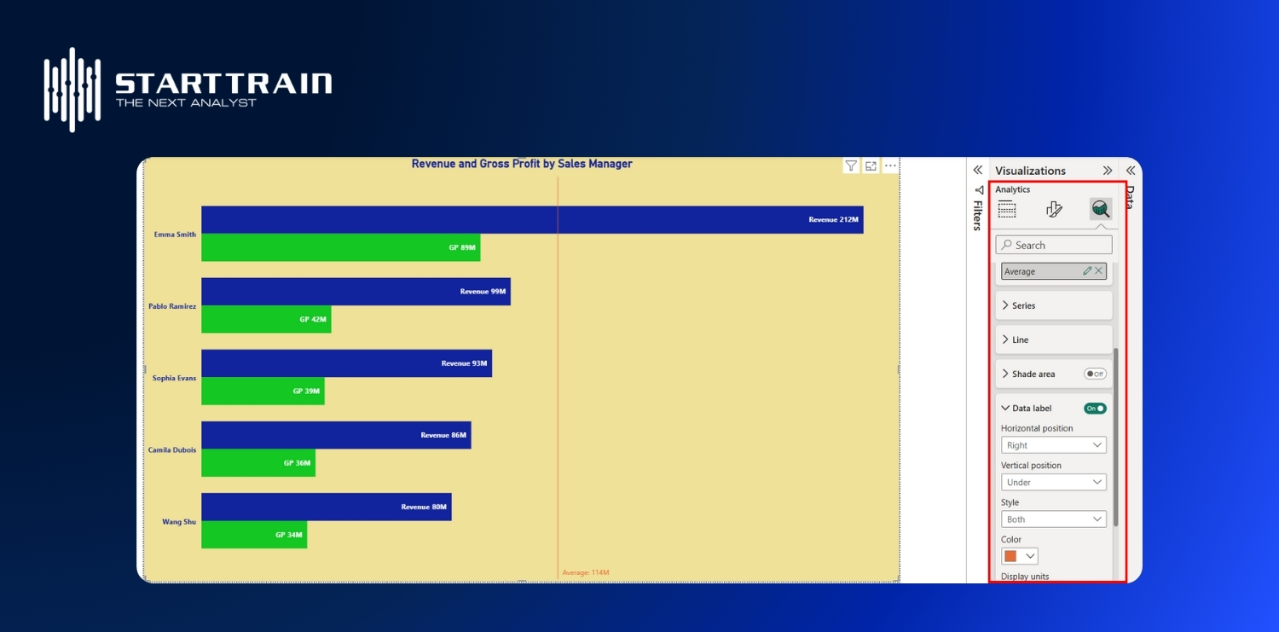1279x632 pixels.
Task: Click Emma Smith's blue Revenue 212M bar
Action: coord(532,219)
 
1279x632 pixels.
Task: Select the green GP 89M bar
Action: coord(340,247)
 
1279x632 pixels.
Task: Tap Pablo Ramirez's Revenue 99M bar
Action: coord(356,291)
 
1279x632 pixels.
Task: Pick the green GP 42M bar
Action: coord(266,319)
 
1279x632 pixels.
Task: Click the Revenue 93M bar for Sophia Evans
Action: coord(346,362)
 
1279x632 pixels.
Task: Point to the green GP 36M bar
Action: coord(258,463)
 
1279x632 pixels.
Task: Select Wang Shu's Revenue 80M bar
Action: coord(326,507)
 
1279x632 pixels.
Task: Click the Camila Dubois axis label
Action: coord(172,449)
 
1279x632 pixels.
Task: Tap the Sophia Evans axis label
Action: coord(174,378)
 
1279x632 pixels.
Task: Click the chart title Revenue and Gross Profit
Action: coord(522,164)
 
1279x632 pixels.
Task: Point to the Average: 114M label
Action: coord(586,572)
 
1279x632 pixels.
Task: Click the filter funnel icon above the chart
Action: coord(851,166)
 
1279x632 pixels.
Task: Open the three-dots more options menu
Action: coord(890,166)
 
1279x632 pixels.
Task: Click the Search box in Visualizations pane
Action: coord(1054,245)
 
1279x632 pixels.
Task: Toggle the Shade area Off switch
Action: coord(1095,374)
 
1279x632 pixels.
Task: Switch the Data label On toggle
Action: coord(1095,409)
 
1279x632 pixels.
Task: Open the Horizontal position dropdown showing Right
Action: coord(1053,445)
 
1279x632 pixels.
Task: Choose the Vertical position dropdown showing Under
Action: coord(1053,482)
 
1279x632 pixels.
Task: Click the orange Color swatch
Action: coord(1011,556)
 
